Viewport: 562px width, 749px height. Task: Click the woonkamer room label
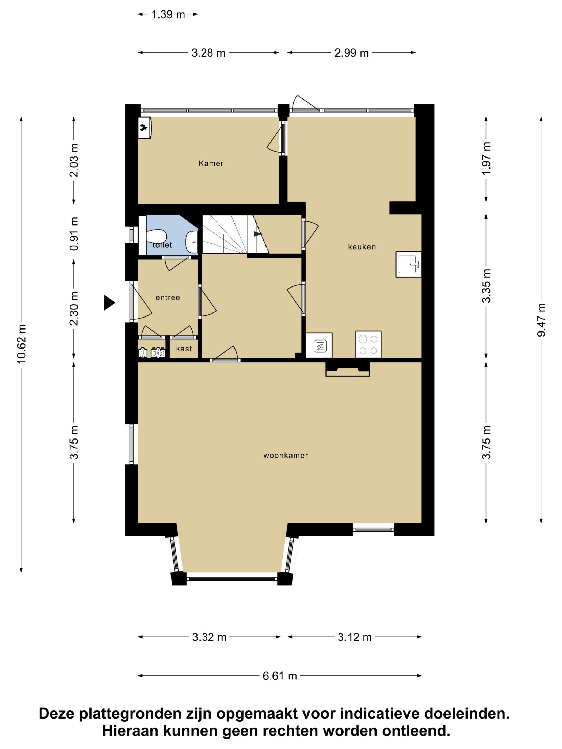coord(285,456)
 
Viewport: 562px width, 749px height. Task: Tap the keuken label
coord(362,247)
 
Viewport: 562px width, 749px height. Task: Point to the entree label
coord(168,298)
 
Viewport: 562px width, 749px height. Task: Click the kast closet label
coord(184,349)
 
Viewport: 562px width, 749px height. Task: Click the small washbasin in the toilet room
coord(192,242)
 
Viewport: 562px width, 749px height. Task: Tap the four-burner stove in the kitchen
coord(368,344)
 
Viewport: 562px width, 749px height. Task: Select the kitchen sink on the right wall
coord(408,265)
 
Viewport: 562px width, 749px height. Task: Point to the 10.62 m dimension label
coord(21,344)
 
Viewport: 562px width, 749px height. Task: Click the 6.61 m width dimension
coord(279,676)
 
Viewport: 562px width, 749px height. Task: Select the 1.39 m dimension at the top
coord(168,14)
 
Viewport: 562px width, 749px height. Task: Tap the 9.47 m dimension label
coord(541,320)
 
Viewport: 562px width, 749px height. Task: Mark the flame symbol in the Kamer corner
coord(144,128)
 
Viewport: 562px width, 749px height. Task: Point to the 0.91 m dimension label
coord(74,234)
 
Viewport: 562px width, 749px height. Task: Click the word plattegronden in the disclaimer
coord(130,714)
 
